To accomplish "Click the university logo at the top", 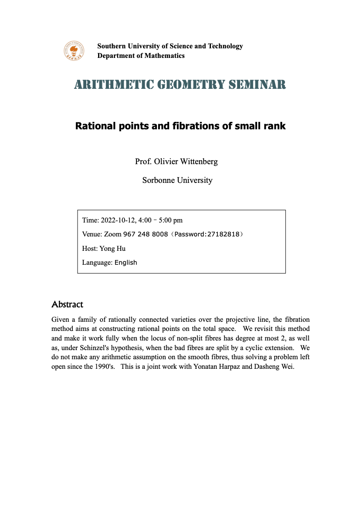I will (73, 51).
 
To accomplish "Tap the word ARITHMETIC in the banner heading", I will (103, 84).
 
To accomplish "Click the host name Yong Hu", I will (112, 249).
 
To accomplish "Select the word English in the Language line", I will (126, 263).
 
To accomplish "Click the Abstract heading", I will (67, 304).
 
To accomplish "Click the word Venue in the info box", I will (92, 234).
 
